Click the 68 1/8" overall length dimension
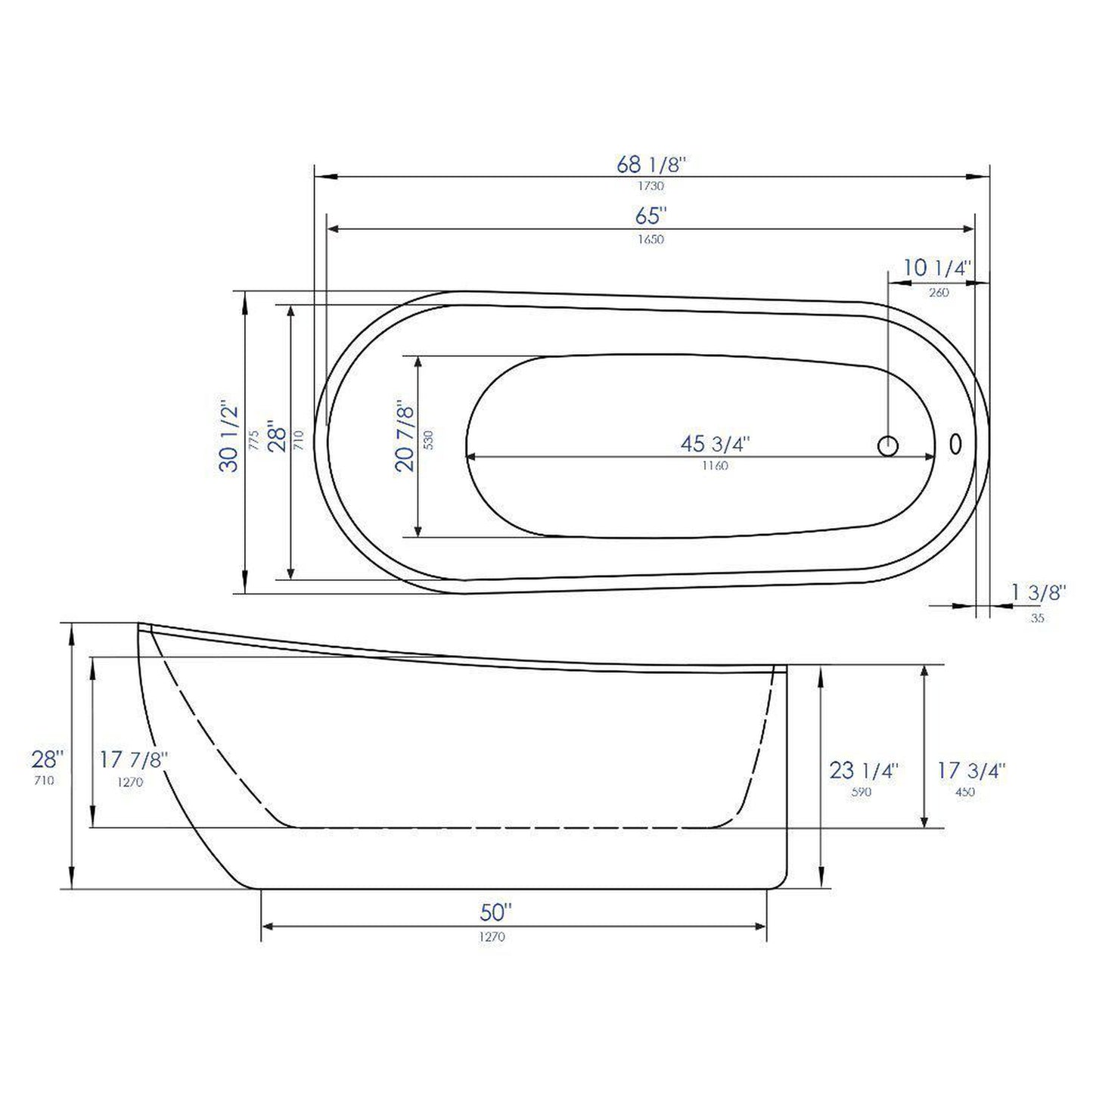pos(651,164)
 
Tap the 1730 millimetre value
pos(651,186)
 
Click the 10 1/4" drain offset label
pos(937,268)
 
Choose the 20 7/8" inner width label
pos(406,438)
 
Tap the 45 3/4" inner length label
pos(715,444)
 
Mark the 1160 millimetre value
pos(715,466)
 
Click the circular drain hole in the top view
pos(888,446)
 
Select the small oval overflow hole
pos(956,444)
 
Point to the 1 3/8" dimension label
pos(1038,592)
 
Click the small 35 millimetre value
pos(1037,618)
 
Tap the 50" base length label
pos(496,913)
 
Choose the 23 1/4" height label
pos(863,771)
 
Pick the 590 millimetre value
pos(862,793)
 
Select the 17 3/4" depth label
pos(971,771)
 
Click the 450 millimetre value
pos(965,793)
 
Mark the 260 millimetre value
pos(938,293)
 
